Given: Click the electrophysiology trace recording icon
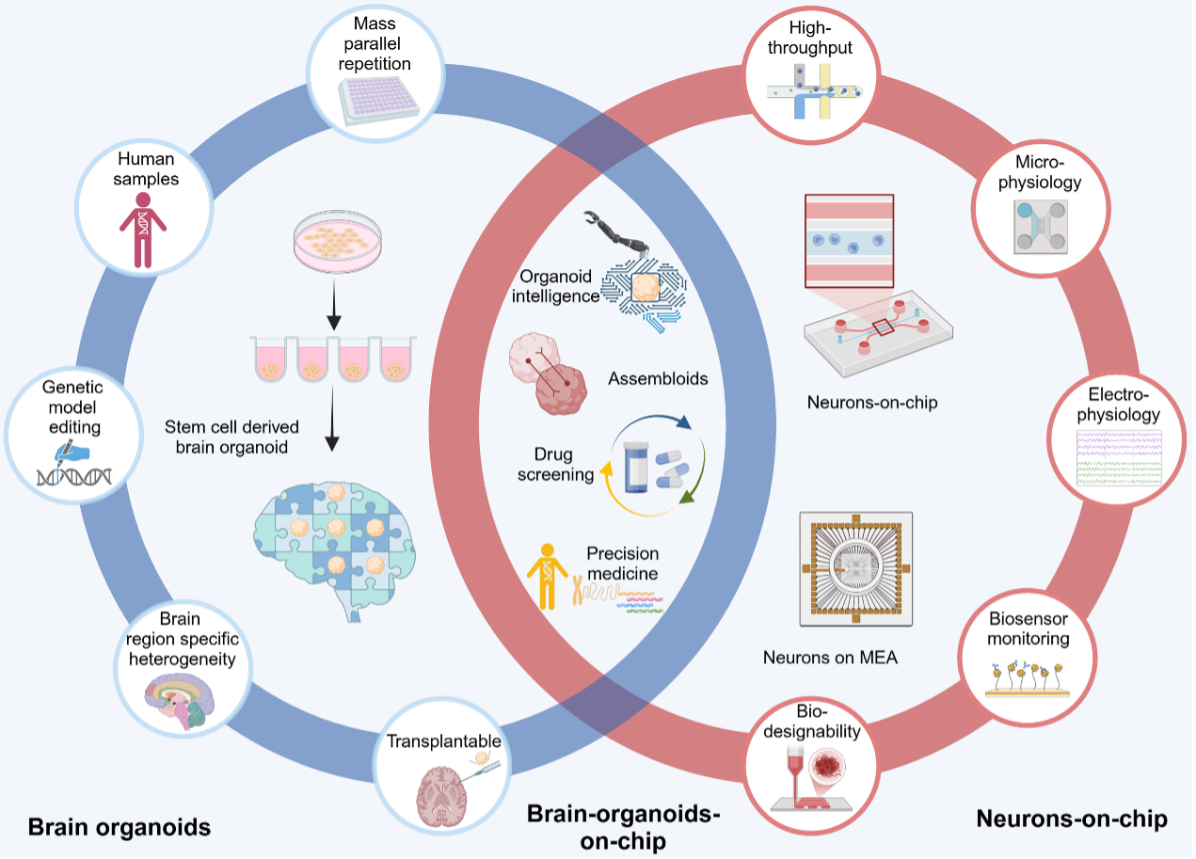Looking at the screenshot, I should point(1118,455).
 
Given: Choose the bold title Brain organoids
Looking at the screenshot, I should point(119,828).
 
